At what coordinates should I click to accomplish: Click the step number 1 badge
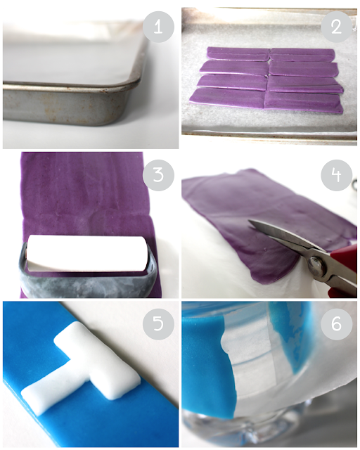point(158,27)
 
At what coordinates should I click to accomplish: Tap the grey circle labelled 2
point(337,27)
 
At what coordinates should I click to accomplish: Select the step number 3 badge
point(158,175)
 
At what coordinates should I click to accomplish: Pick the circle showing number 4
point(337,175)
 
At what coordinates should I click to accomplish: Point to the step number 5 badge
point(158,324)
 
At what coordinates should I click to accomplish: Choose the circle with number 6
point(337,324)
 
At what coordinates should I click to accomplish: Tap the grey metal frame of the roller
point(86,283)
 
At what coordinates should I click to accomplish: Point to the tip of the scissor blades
point(249,221)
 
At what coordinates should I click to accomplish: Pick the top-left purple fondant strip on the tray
point(238,54)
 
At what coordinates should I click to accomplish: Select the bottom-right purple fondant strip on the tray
point(304,102)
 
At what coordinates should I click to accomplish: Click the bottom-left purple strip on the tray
point(227,98)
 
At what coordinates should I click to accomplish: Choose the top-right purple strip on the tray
point(303,55)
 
